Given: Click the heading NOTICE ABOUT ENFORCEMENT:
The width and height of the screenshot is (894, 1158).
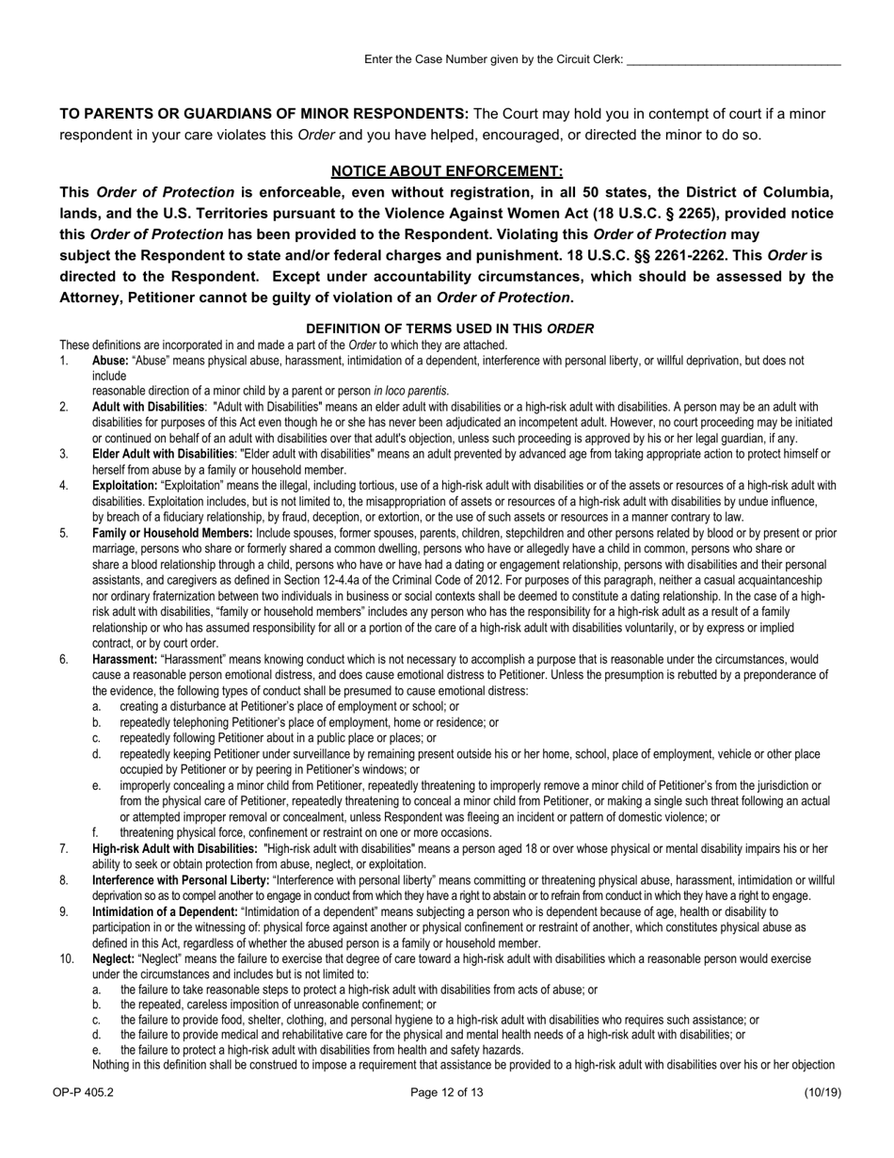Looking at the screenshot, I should click(x=447, y=170).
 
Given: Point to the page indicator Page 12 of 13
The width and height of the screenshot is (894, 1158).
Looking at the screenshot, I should click(x=447, y=1092).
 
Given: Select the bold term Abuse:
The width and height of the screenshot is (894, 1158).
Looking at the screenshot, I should click(x=111, y=361).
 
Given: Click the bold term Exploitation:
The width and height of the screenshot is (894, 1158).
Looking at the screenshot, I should click(x=124, y=486).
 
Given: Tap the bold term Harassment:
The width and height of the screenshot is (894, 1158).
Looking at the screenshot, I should click(x=125, y=659).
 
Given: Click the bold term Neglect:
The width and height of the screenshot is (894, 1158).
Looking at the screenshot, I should click(x=113, y=958).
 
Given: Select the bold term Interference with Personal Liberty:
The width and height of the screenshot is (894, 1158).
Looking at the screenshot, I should click(x=181, y=880).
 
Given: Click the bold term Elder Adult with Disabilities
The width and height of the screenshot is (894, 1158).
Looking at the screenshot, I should click(x=163, y=454).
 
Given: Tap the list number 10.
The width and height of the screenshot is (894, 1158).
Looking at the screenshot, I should click(x=67, y=958).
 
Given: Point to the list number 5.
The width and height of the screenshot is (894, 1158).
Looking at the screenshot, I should click(x=64, y=533).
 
